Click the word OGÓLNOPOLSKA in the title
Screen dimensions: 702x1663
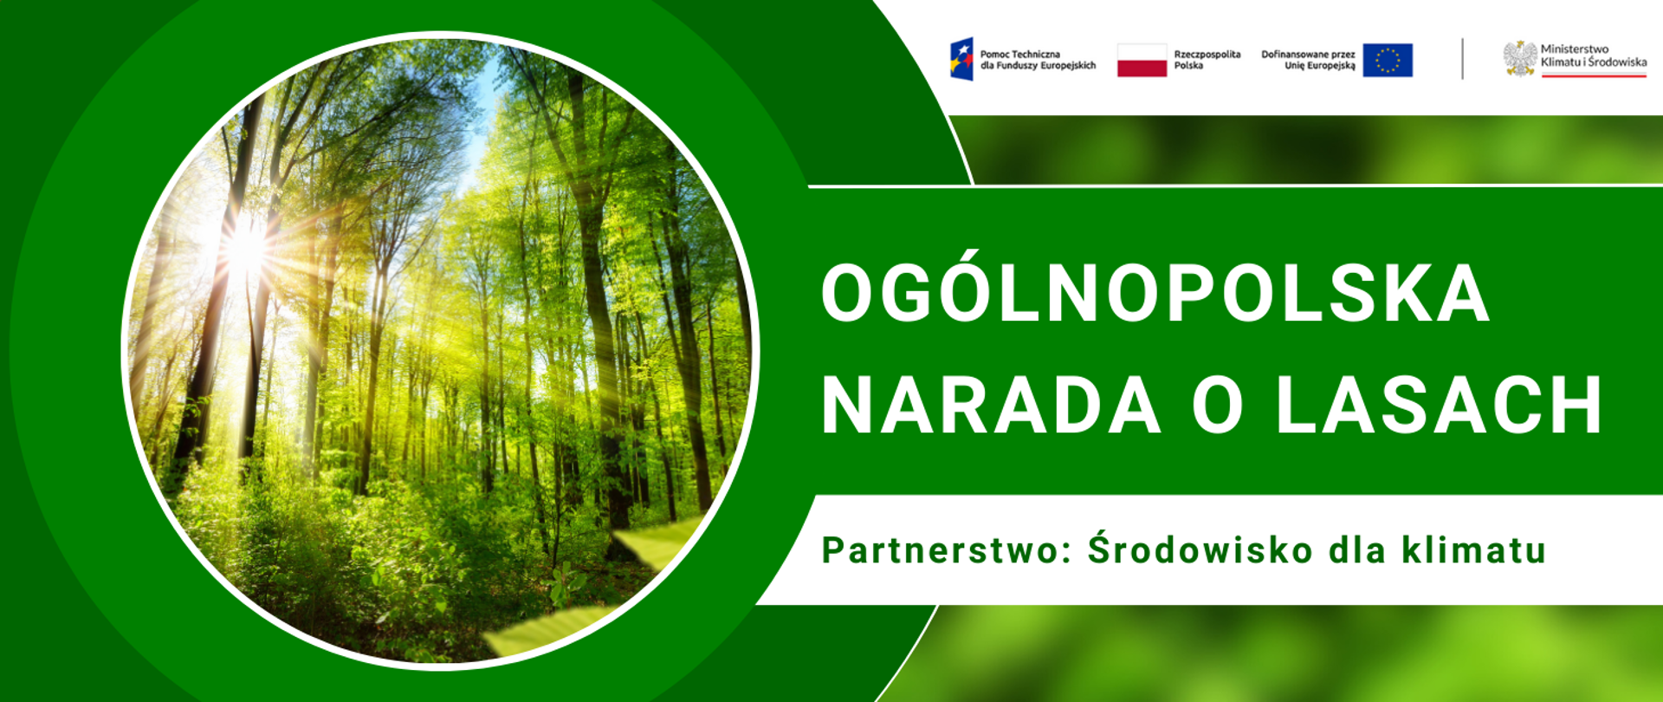click(1155, 293)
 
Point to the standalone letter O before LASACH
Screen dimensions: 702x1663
click(1218, 405)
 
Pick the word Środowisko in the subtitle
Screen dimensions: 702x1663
click(1200, 550)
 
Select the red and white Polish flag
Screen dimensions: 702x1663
click(1142, 60)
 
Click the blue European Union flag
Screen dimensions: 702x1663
click(1387, 60)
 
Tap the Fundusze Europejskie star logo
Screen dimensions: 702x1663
click(961, 59)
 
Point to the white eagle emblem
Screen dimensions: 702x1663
click(1519, 59)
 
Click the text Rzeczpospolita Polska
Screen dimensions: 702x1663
click(1207, 60)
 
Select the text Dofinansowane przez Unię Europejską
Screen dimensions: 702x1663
click(1308, 60)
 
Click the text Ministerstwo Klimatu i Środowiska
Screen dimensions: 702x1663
click(1593, 55)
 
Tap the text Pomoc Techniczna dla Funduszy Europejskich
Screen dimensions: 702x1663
click(1037, 60)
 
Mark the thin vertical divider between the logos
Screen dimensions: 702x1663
click(1462, 59)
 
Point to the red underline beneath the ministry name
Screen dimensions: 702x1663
click(1593, 75)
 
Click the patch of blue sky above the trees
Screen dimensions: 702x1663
click(482, 130)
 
